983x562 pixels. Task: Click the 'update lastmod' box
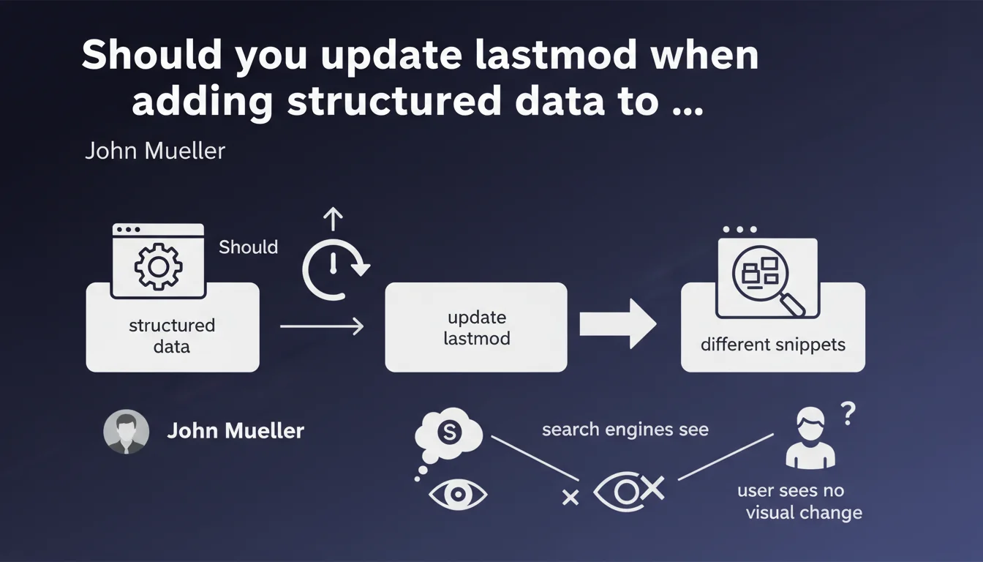[x=476, y=327]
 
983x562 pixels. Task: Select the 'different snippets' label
[x=773, y=344]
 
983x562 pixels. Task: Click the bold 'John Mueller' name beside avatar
[x=236, y=430]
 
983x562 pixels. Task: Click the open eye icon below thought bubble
[x=457, y=494]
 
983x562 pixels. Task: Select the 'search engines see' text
[x=625, y=430]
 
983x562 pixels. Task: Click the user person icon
[x=810, y=439]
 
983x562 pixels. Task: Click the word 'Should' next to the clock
[x=249, y=247]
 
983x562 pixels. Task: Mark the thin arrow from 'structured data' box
[x=322, y=326]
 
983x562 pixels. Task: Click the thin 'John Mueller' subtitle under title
[x=155, y=151]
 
